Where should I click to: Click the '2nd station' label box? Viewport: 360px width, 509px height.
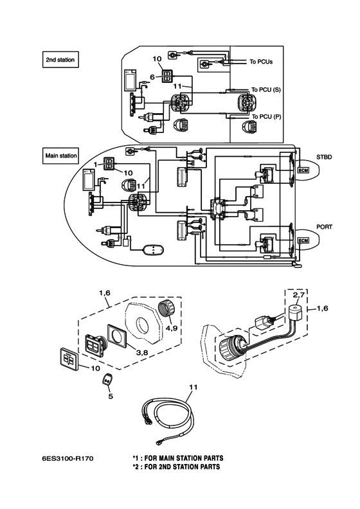pyautogui.click(x=60, y=60)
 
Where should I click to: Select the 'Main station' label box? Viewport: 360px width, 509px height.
pyautogui.click(x=60, y=156)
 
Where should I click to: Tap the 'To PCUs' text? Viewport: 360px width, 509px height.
pyautogui.click(x=261, y=61)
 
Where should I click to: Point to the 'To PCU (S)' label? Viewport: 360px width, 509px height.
pyautogui.click(x=266, y=89)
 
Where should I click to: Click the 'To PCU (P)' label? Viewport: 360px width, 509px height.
pyautogui.click(x=267, y=116)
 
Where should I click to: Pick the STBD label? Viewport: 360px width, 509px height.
pyautogui.click(x=324, y=157)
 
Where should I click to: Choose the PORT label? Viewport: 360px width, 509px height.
pyautogui.click(x=324, y=227)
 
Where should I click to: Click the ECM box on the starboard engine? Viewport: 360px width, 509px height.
pyautogui.click(x=303, y=170)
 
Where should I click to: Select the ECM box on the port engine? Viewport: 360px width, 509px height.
pyautogui.click(x=303, y=240)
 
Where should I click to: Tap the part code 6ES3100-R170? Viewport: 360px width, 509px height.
pyautogui.click(x=67, y=458)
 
